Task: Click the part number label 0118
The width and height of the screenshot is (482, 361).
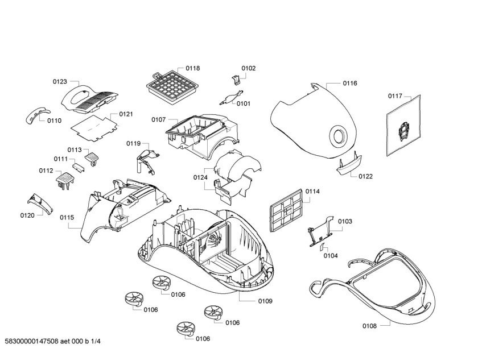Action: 192,68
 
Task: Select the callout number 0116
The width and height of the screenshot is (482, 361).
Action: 349,84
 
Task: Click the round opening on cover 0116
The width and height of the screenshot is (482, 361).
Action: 338,136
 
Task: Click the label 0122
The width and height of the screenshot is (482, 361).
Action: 365,176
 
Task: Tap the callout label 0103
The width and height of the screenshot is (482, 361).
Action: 345,221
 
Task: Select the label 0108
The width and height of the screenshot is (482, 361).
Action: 369,326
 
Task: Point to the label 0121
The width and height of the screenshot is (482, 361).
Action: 126,114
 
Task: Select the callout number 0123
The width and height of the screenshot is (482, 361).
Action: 60,81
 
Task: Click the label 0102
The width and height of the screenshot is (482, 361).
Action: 248,68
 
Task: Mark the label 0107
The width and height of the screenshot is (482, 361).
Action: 158,119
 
